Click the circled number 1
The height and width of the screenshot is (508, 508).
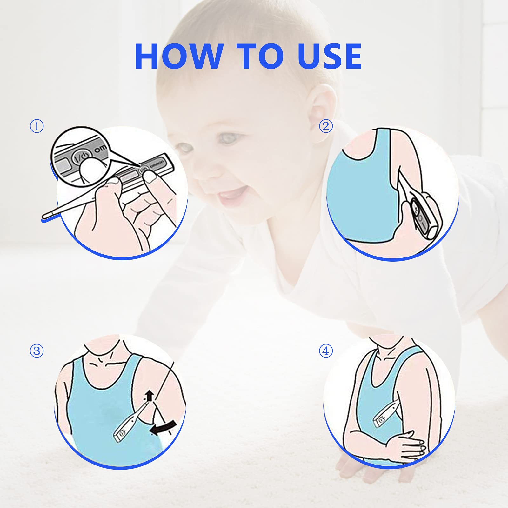coord(37,126)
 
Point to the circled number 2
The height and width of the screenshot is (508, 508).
coord(326,126)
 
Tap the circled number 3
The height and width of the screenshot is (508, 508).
coord(37,351)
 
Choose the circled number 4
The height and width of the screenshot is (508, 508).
coord(326,351)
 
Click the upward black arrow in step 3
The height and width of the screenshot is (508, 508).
coord(150,396)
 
